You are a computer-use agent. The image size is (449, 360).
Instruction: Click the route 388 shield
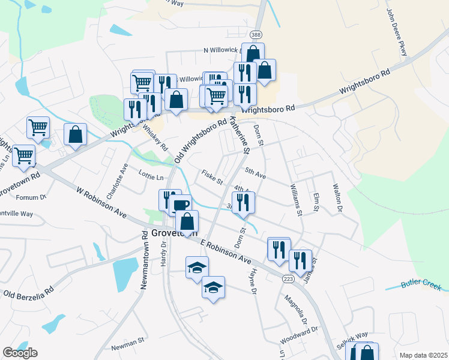256,35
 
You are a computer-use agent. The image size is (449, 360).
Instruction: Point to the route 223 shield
289,279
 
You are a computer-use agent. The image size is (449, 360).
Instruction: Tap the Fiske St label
212,178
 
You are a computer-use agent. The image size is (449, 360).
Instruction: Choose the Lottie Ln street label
151,178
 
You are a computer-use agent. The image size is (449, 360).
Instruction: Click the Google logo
20,353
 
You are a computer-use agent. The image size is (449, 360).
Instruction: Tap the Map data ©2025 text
423,355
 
